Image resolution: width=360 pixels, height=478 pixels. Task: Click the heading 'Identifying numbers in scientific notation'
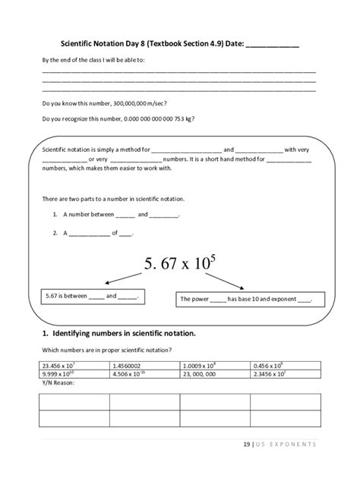(x=118, y=332)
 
